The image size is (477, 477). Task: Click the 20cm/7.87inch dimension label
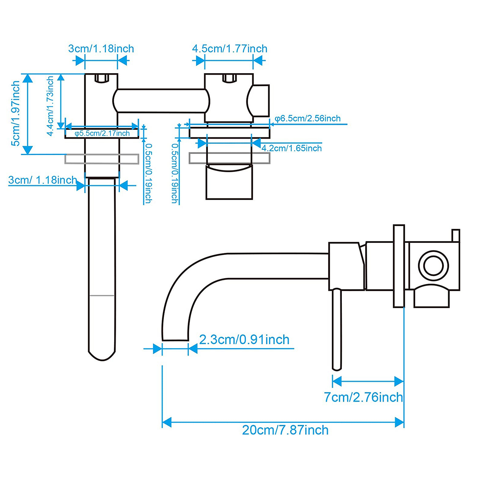(285, 430)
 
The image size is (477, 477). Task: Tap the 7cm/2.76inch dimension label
(363, 397)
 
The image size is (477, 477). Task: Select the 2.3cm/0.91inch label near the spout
(244, 340)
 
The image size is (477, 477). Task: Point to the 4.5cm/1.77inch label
(230, 49)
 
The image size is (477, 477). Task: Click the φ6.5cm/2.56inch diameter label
(308, 119)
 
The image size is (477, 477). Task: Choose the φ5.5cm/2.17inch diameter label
(102, 134)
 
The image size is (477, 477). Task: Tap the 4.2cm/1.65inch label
(292, 148)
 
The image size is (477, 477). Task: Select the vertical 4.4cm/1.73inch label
(50, 106)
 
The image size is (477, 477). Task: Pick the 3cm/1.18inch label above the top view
(101, 49)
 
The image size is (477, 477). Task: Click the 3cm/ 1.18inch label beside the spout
(42, 180)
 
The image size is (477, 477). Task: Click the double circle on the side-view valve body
(433, 266)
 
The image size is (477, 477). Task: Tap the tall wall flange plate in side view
(399, 266)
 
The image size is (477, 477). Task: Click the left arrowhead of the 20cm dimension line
(166, 423)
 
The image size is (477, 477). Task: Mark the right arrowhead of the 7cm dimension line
(399, 381)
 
